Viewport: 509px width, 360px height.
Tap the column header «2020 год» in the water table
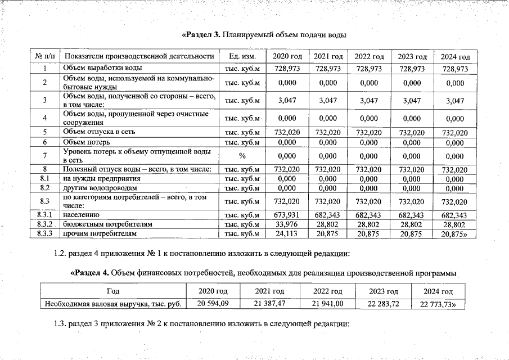pos(287,57)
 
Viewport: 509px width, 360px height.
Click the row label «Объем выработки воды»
pos(94,68)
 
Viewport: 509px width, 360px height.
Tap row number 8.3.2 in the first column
pos(44,224)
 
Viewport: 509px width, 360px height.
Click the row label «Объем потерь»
pos(84,142)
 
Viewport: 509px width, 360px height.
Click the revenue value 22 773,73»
pos(439,305)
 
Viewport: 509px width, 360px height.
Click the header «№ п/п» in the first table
pos(44,57)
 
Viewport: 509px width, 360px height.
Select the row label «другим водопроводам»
pos(100,187)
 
